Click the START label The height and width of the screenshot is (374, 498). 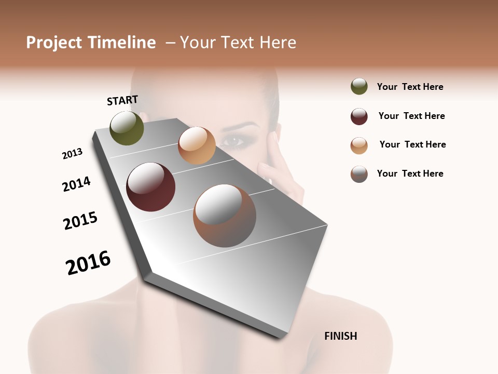coord(122,100)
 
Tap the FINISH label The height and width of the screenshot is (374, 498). coord(340,336)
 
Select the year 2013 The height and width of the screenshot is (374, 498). coord(72,154)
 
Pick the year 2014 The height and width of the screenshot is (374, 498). coord(76,184)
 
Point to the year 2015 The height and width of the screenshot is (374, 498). coord(80,221)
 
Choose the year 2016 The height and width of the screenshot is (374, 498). coord(88,263)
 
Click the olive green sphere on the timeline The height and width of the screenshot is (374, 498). coord(127,128)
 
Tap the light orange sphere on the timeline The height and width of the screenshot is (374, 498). coord(197,145)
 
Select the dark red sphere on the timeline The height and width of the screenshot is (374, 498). coord(150,187)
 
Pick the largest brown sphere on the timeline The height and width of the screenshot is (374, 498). coord(225,216)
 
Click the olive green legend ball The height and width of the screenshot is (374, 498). coord(359,86)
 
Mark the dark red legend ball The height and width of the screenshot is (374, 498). coord(359,116)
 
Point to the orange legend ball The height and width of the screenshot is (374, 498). coord(359,145)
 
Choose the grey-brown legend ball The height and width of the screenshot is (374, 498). coord(359,174)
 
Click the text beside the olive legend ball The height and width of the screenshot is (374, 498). coord(410,87)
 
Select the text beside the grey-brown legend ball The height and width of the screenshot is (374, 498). coord(410,173)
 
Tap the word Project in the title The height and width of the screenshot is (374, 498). coord(54,43)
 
